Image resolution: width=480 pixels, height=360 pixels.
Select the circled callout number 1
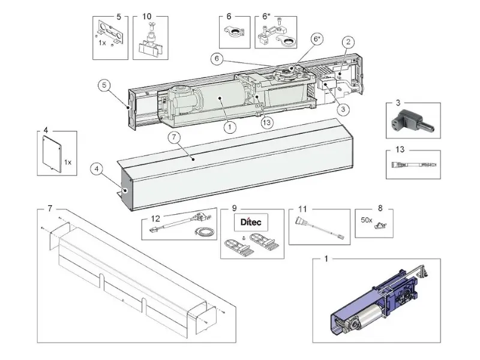pyautogui.click(x=228, y=127)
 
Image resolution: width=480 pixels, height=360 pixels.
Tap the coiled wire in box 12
pyautogui.click(x=199, y=232)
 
